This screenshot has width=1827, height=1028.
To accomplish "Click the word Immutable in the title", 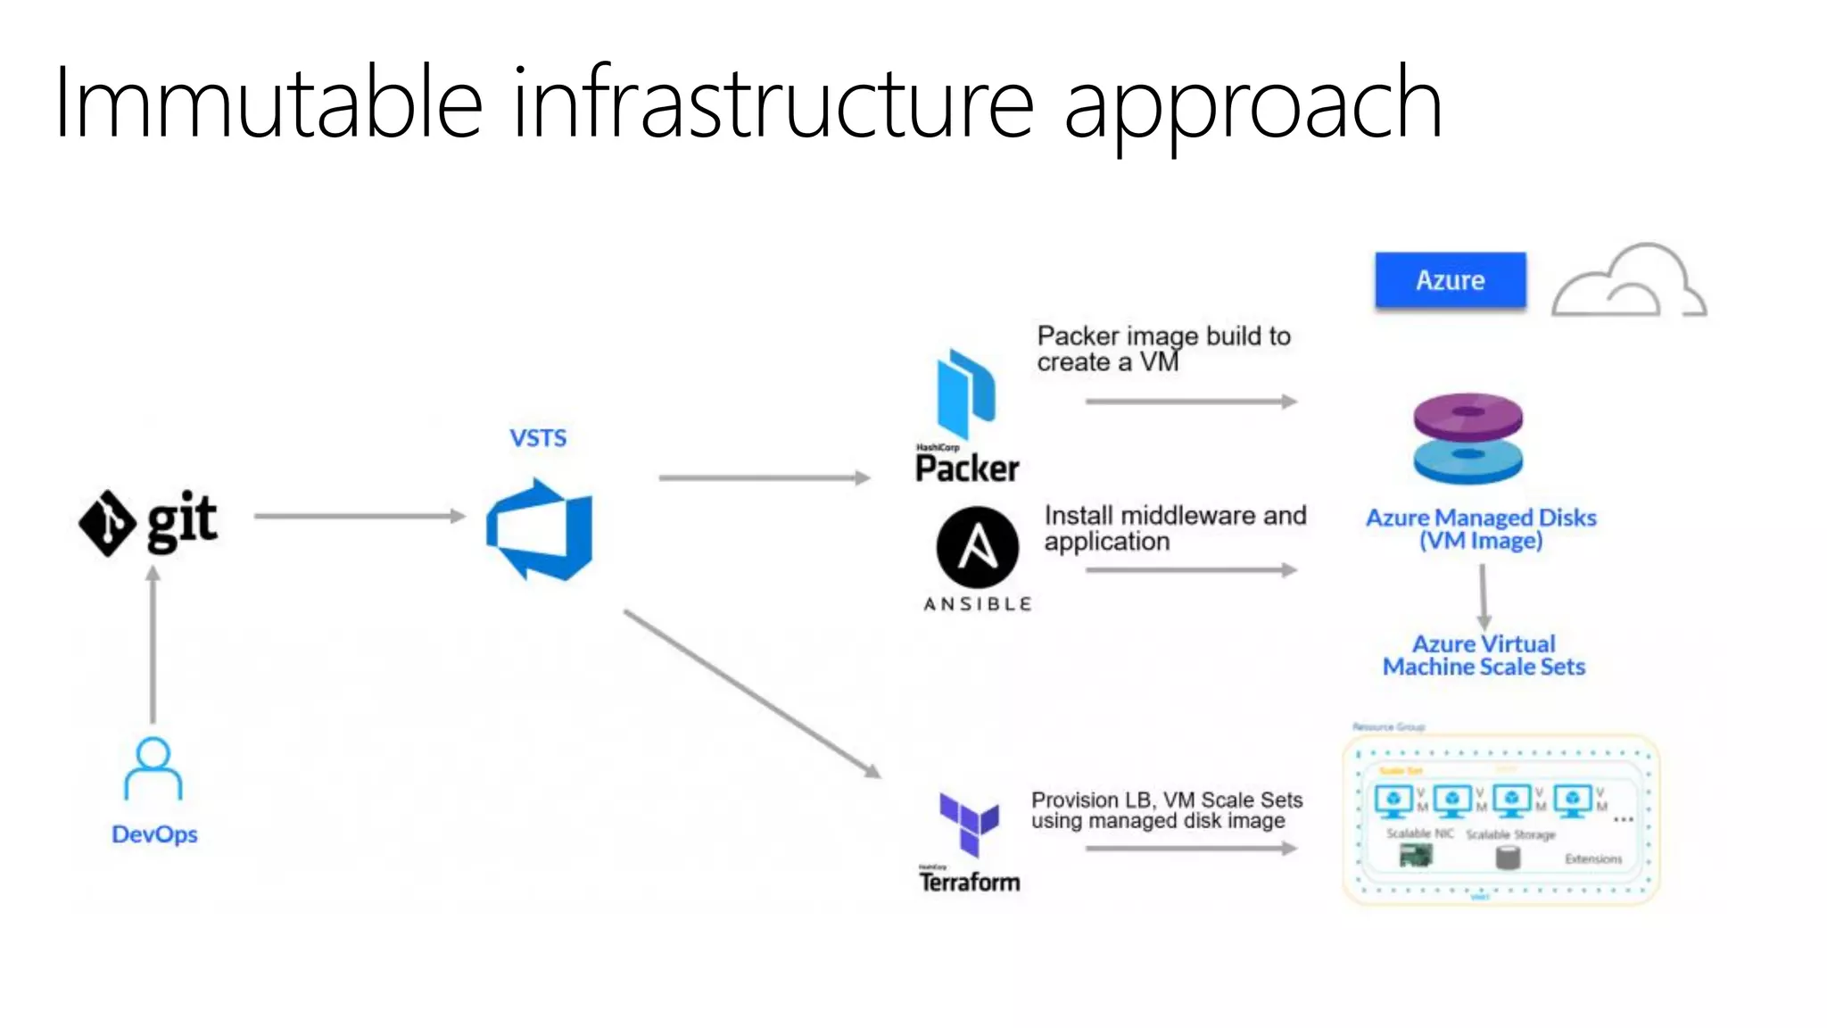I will tap(268, 103).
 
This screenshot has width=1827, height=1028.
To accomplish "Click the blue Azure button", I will tap(1450, 280).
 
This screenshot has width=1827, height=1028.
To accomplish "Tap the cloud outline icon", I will tap(1628, 281).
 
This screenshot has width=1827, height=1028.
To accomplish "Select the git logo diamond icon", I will tap(108, 523).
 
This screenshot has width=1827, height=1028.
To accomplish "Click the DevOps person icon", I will tap(153, 769).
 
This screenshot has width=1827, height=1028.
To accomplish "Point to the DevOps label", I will tap(154, 834).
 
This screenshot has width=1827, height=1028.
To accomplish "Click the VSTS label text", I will tap(538, 438).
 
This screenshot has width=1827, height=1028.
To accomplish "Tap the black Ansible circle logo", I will tap(978, 547).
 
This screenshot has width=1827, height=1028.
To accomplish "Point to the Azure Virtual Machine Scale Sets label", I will tap(1484, 656).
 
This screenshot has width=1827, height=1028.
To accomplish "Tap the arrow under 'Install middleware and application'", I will tap(1191, 570).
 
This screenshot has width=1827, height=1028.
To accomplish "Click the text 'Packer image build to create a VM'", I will tap(1163, 349).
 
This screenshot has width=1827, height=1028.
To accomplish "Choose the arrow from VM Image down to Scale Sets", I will tap(1484, 597).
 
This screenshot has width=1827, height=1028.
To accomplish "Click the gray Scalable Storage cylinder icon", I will tap(1507, 858).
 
